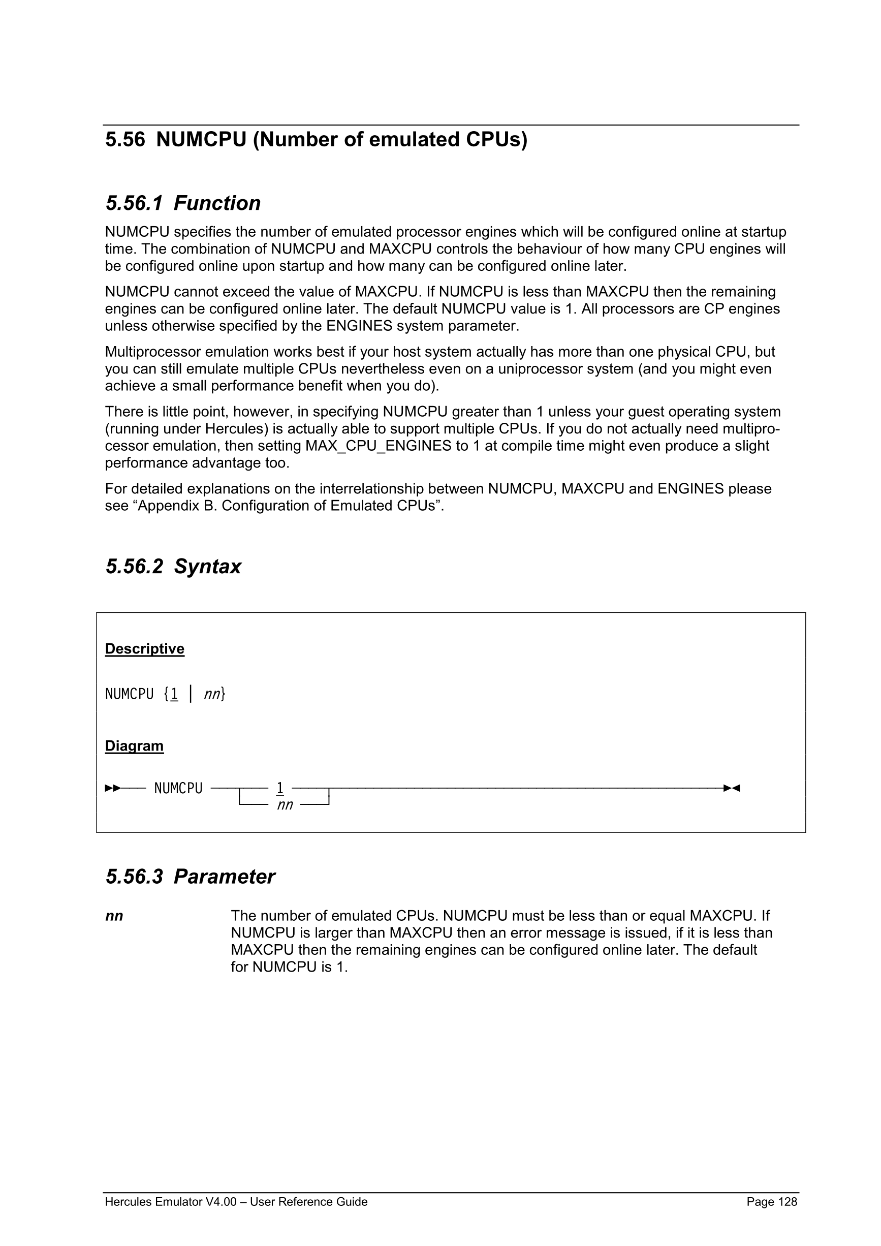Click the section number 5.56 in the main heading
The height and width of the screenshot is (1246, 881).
(125, 139)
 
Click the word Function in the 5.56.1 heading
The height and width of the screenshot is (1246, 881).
(217, 203)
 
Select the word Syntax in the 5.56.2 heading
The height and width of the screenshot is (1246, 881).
(207, 567)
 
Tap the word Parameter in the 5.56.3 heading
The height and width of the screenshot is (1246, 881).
(224, 877)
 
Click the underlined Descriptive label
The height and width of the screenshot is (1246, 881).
(144, 649)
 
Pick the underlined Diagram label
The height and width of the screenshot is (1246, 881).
(134, 746)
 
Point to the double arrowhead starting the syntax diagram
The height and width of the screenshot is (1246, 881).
(112, 788)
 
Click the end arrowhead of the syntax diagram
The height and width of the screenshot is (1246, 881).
(732, 788)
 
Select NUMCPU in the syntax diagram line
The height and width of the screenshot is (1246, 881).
(178, 789)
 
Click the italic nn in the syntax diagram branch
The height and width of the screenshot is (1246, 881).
(285, 805)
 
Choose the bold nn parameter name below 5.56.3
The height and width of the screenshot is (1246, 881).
(114, 917)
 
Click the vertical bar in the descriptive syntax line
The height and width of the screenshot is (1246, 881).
(191, 694)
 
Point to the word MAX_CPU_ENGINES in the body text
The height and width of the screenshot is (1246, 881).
(378, 446)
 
